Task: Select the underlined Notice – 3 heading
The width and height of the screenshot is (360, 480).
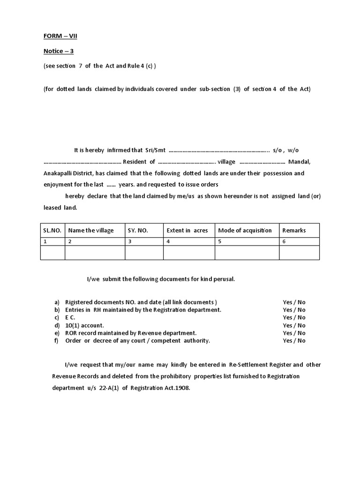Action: [x=59, y=51]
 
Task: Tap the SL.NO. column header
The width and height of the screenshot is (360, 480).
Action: [x=52, y=230]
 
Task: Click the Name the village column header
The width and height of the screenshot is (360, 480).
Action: [x=91, y=230]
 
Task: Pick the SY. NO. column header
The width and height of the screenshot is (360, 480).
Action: [x=138, y=230]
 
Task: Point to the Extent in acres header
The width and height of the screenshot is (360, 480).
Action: [x=187, y=230]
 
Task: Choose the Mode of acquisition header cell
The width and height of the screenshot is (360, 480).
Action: [x=245, y=230]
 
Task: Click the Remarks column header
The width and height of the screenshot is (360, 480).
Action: [x=294, y=230]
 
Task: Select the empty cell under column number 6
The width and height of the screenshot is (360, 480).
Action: [x=299, y=253]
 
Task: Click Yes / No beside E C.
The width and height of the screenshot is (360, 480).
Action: [x=294, y=317]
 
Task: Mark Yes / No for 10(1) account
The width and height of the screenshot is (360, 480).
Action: [x=294, y=325]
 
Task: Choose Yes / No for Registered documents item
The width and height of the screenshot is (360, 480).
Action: [x=294, y=302]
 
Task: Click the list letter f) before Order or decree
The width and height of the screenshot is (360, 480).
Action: [x=57, y=341]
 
